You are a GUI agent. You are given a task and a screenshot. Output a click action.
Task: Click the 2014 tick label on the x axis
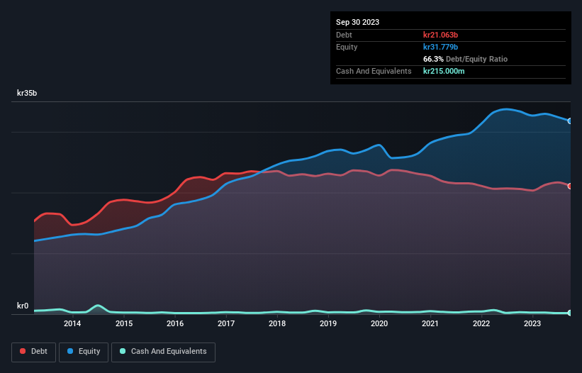(x=72, y=324)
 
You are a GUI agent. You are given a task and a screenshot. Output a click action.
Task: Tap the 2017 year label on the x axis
(x=226, y=324)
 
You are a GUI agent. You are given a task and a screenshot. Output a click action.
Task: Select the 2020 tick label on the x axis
(x=379, y=324)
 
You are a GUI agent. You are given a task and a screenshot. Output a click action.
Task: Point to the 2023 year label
(x=532, y=324)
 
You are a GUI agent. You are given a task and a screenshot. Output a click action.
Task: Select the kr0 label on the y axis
(x=23, y=306)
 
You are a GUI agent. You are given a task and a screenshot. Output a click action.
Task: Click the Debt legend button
(x=32, y=351)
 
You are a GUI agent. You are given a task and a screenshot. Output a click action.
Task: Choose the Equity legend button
(x=84, y=351)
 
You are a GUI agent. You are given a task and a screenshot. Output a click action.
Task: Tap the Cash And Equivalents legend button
(x=164, y=351)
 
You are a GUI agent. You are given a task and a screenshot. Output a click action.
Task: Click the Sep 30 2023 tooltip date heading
(x=357, y=22)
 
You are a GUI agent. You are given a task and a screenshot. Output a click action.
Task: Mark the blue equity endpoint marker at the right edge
(x=570, y=121)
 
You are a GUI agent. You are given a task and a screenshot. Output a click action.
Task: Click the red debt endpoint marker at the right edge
(x=570, y=186)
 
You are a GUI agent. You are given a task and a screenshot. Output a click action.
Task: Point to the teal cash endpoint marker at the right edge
(x=570, y=313)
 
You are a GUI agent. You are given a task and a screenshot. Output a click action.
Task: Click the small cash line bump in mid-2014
(x=98, y=306)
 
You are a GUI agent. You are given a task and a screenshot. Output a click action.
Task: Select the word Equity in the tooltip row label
(x=348, y=47)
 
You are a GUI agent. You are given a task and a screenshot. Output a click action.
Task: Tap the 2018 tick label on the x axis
(x=277, y=324)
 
